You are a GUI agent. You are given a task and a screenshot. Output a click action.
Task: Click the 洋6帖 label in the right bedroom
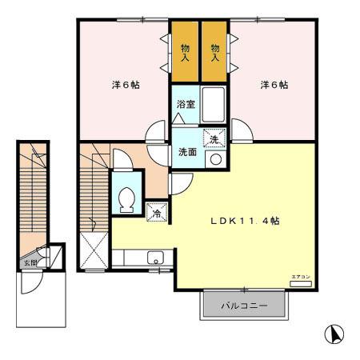[x=273, y=85]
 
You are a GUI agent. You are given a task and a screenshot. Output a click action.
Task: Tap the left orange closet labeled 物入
[x=185, y=53]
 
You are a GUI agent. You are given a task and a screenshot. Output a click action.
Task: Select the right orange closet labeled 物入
[x=214, y=53]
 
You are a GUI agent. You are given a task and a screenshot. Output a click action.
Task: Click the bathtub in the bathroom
[x=214, y=105]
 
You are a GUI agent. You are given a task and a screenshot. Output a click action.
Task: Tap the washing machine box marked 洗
[x=214, y=138]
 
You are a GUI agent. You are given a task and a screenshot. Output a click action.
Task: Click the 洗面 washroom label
[x=186, y=151]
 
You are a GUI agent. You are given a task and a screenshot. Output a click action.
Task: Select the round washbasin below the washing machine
[x=214, y=158]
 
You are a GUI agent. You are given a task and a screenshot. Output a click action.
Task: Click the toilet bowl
[x=126, y=198]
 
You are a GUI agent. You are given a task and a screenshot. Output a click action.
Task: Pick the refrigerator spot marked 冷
[x=157, y=212]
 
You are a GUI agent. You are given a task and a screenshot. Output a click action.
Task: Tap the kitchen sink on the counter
[x=154, y=258]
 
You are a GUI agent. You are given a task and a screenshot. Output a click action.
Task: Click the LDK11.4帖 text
[x=244, y=220]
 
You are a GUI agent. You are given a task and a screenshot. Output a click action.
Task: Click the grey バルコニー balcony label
[x=242, y=306]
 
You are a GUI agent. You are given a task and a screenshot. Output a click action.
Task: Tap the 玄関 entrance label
[x=30, y=262]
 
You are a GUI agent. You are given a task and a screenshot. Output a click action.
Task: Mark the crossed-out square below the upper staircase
[x=96, y=250]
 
